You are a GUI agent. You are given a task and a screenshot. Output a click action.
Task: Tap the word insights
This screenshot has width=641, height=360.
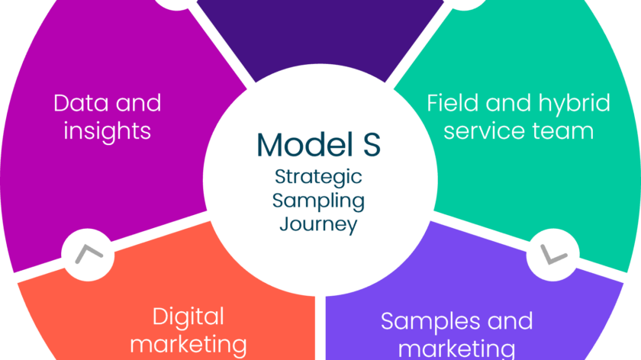[108, 130]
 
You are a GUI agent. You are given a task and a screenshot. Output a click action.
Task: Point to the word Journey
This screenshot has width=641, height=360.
[318, 225]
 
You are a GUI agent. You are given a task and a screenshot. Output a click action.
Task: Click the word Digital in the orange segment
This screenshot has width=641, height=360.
[188, 317]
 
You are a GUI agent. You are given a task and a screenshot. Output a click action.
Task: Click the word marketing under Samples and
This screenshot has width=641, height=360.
[457, 349]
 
